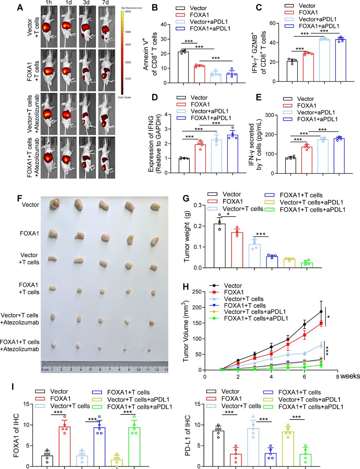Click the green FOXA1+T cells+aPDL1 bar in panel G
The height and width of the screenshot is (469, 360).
(307, 265)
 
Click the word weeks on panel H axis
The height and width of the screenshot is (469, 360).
(350, 376)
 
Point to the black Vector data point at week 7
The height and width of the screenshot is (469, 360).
(321, 311)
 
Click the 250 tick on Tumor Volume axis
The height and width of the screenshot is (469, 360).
(199, 292)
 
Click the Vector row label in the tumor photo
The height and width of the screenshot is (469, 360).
(30, 205)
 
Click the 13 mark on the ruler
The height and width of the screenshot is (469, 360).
(166, 370)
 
